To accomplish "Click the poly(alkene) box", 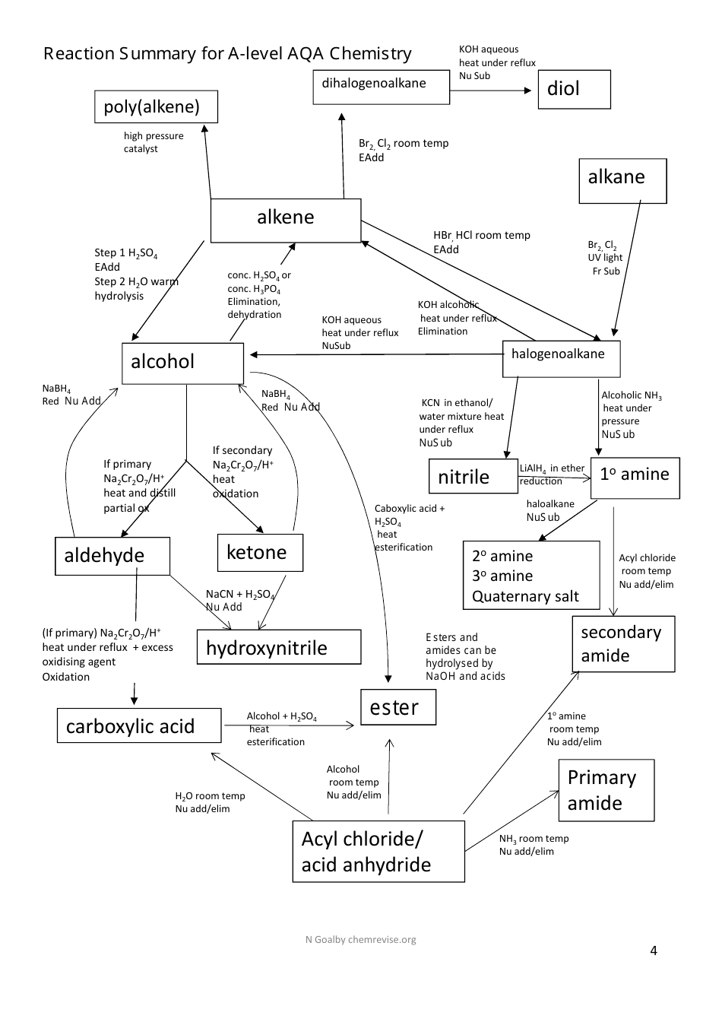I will (x=156, y=106).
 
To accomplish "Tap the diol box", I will (x=574, y=90).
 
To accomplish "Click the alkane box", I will (x=622, y=181).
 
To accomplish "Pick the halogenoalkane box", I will (x=561, y=359).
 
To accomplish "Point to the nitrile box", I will (x=473, y=477).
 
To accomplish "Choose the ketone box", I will (x=260, y=552).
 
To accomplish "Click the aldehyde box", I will (x=112, y=556).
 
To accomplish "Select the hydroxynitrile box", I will (x=278, y=647).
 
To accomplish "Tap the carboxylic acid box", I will (x=139, y=725).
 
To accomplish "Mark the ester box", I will (x=398, y=707).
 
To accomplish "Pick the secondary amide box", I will (x=623, y=644).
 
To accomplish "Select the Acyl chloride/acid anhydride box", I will (x=378, y=851).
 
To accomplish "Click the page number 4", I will (x=654, y=951).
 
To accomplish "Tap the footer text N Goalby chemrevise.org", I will (x=360, y=939).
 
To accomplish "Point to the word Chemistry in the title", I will (x=370, y=54).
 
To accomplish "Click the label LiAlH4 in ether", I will (x=552, y=468).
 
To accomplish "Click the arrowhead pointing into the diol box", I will (x=528, y=90).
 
